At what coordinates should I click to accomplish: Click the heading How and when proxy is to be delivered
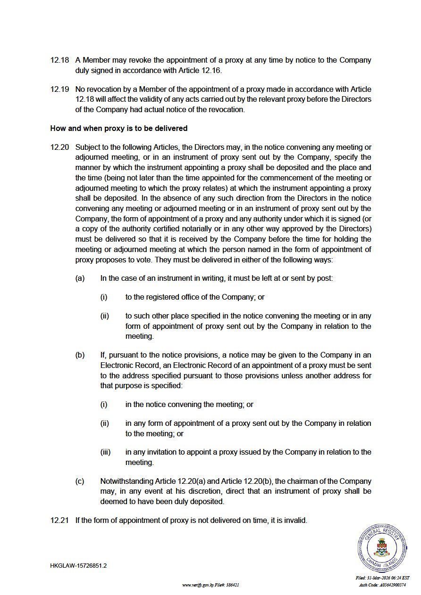pyautogui.click(x=118, y=128)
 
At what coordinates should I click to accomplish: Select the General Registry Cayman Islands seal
pyautogui.click(x=382, y=548)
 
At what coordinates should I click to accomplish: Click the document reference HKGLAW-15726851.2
pyautogui.click(x=78, y=565)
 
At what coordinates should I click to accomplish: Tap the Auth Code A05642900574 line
pyautogui.click(x=382, y=585)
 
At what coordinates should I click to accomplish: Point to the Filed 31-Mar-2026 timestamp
pyautogui.click(x=382, y=578)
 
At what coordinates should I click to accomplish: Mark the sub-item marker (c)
pyautogui.click(x=80, y=481)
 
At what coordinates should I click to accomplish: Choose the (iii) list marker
pyautogui.click(x=105, y=452)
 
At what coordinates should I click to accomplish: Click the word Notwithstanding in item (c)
pyautogui.click(x=126, y=481)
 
